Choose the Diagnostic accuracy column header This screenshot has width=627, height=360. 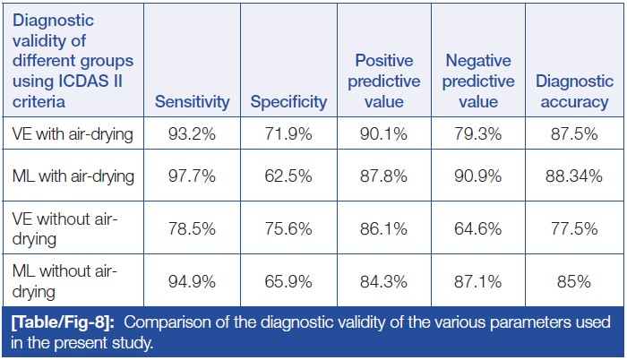tap(572, 90)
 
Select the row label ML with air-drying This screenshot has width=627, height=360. tap(72, 176)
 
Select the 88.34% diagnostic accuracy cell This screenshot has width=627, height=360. tap(572, 176)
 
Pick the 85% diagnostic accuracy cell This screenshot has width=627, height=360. tap(572, 281)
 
